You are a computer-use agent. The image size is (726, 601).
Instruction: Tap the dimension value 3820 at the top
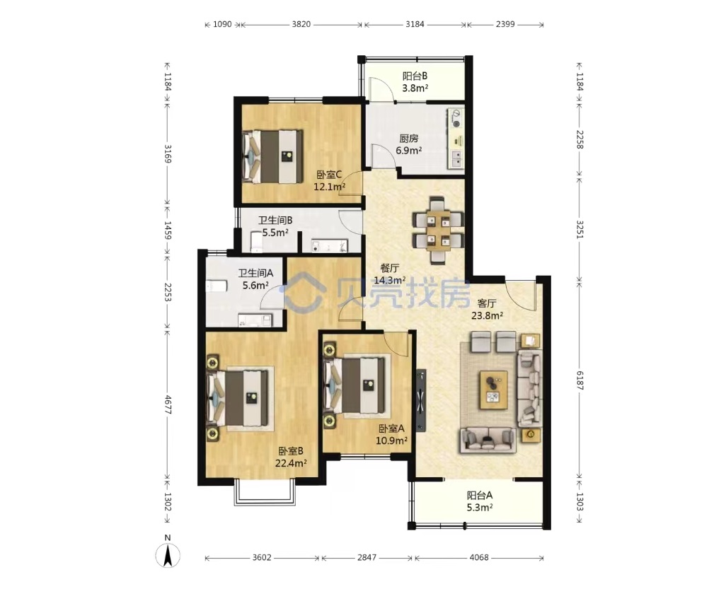point(301,24)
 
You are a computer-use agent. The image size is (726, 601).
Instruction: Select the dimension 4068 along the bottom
point(479,557)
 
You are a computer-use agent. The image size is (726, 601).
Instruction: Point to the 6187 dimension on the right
point(580,380)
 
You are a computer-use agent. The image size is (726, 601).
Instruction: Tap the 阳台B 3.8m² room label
point(415,82)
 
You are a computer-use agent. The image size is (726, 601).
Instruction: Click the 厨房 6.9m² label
point(409,144)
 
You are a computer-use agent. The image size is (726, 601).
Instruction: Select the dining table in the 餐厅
point(438,230)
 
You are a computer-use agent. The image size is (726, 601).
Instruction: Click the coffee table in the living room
point(494,390)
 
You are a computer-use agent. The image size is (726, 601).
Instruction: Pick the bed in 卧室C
point(272,156)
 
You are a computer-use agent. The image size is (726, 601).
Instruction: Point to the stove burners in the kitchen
point(456,118)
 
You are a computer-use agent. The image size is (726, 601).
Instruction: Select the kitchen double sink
point(456,158)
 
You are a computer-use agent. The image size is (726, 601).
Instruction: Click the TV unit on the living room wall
point(421,399)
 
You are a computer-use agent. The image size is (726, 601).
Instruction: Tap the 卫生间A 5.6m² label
point(255,279)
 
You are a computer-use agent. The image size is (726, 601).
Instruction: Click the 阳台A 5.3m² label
point(480,501)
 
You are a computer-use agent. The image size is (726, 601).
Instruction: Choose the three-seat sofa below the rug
point(488,439)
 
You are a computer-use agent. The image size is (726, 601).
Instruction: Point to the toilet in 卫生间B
point(257,242)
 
